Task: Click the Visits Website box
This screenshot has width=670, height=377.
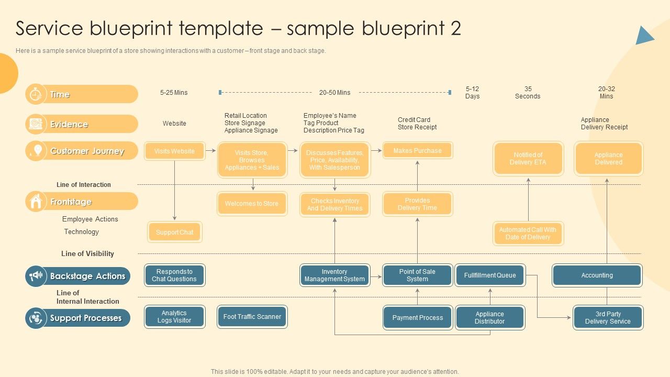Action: (174, 151)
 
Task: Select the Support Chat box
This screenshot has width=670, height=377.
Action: (174, 232)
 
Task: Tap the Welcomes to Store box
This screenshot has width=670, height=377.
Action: (252, 204)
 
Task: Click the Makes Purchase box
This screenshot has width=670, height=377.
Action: (417, 150)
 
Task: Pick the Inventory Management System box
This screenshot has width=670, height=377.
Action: (334, 275)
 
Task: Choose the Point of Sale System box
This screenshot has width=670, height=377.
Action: (417, 275)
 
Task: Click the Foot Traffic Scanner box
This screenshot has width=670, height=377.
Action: (252, 317)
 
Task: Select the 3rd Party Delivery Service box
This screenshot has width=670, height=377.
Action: (607, 318)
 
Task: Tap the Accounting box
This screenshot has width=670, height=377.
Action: (597, 275)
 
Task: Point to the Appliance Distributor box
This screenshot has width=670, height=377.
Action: (489, 318)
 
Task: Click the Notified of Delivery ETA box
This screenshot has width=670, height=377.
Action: (528, 159)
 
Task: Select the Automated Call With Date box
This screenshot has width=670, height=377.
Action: (528, 234)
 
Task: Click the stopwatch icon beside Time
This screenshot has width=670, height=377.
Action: (36, 94)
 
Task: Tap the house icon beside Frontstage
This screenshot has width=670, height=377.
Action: (36, 202)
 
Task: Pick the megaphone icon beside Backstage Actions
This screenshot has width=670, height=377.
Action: (36, 276)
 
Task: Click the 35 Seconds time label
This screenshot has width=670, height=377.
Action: (528, 93)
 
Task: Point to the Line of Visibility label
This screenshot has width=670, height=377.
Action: (87, 253)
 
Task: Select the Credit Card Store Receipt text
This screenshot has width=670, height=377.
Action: (417, 124)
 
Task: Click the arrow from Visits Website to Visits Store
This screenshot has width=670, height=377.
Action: (210, 151)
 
